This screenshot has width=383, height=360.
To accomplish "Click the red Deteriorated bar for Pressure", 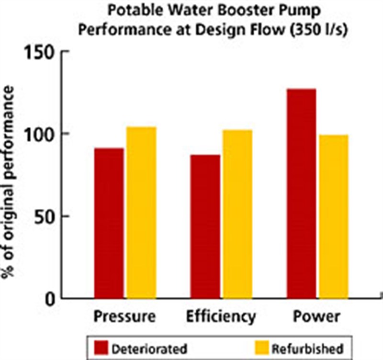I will click(x=109, y=224).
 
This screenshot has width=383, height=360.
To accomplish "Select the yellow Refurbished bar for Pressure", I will click(x=141, y=213).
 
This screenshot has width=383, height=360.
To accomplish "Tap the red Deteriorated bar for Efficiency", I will click(x=205, y=227).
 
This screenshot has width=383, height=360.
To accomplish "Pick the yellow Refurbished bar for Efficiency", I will click(x=237, y=214).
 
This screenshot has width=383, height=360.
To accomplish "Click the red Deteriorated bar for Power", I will click(x=301, y=194).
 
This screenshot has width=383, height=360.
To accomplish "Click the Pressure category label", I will click(x=124, y=317).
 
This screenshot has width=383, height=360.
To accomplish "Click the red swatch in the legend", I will click(x=101, y=348).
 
